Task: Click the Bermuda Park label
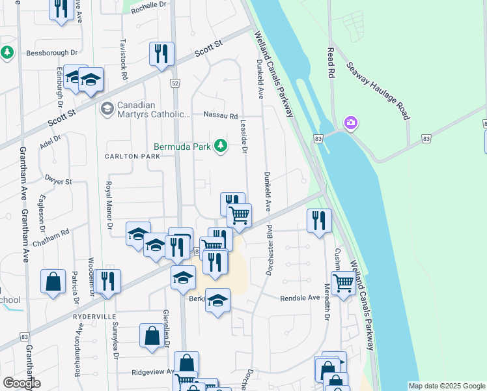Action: click(x=182, y=147)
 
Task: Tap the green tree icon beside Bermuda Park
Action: click(x=221, y=146)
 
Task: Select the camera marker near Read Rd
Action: click(x=351, y=122)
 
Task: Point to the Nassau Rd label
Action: click(x=221, y=117)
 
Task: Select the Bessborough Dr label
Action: click(x=51, y=52)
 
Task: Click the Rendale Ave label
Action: click(x=300, y=298)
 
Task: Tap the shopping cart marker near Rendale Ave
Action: click(x=343, y=282)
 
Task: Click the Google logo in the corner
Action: click(x=21, y=383)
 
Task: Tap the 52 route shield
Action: click(x=175, y=83)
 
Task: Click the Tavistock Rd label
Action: click(x=123, y=59)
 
